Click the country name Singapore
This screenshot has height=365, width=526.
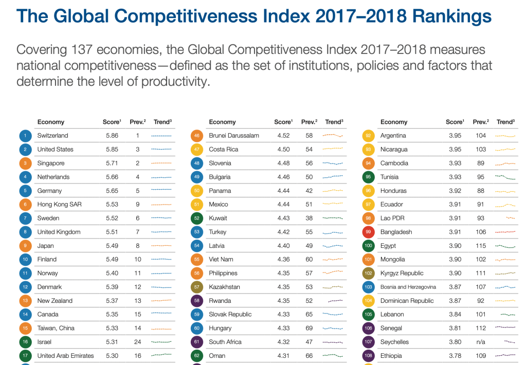pyautogui.click(x=51, y=163)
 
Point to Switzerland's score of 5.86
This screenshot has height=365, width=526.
pyautogui.click(x=112, y=136)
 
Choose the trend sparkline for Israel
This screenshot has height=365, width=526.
pyautogui.click(x=161, y=342)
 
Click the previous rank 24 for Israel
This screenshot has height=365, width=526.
pyautogui.click(x=138, y=342)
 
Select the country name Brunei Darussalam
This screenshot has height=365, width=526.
pyautogui.click(x=234, y=136)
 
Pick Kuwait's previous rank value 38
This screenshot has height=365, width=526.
pyautogui.click(x=309, y=218)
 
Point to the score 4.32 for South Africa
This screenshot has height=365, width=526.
pyautogui.click(x=283, y=342)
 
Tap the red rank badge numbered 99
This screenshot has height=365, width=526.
pyautogui.click(x=368, y=232)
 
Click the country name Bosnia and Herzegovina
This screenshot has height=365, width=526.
pyautogui.click(x=408, y=287)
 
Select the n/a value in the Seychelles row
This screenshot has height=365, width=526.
pyautogui.click(x=481, y=342)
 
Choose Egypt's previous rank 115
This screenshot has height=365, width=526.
pyautogui.click(x=481, y=246)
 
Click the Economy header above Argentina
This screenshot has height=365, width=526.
pyautogui.click(x=394, y=122)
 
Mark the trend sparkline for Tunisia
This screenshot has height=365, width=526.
pyautogui.click(x=505, y=177)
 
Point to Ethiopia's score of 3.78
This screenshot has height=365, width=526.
pyautogui.click(x=455, y=356)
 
